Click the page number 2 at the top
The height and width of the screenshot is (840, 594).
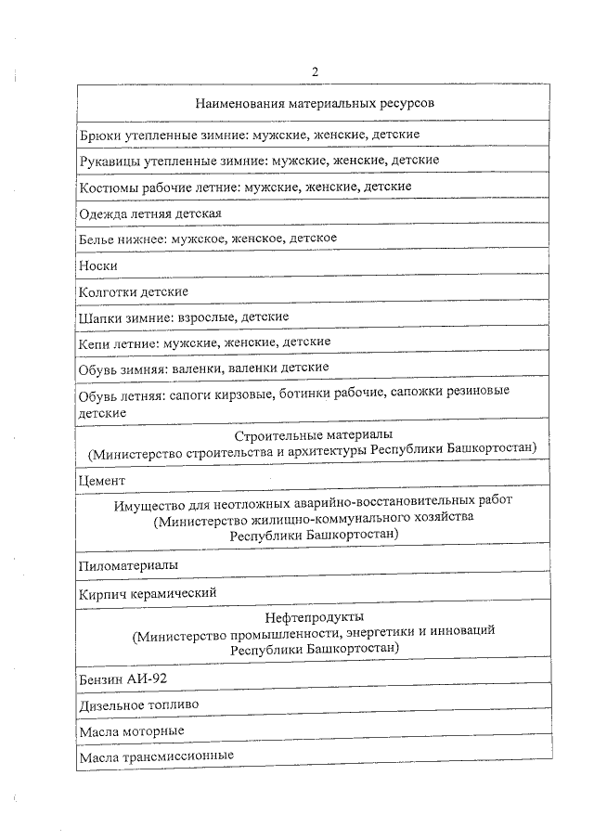(x=316, y=72)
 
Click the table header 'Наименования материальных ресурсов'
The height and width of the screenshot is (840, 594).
(x=316, y=102)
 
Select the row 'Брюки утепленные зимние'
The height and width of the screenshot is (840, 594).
(x=250, y=135)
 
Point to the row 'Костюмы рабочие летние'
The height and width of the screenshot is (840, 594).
(x=245, y=187)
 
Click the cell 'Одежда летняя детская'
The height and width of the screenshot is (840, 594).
(x=150, y=213)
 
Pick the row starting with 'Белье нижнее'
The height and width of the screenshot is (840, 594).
(x=207, y=239)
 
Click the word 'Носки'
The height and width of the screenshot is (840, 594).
(x=98, y=265)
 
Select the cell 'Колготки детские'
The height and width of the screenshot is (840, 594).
(x=134, y=291)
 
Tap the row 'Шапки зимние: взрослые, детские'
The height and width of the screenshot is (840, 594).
(x=184, y=317)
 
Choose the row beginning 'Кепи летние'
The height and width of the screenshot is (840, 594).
(x=204, y=342)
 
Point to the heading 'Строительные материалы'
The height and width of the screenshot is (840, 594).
(x=314, y=434)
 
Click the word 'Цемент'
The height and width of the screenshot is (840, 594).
(x=102, y=480)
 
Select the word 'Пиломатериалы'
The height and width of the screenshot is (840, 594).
(x=129, y=564)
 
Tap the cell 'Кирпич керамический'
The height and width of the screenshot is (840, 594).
(x=148, y=591)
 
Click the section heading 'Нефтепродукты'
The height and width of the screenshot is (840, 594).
(x=314, y=616)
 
